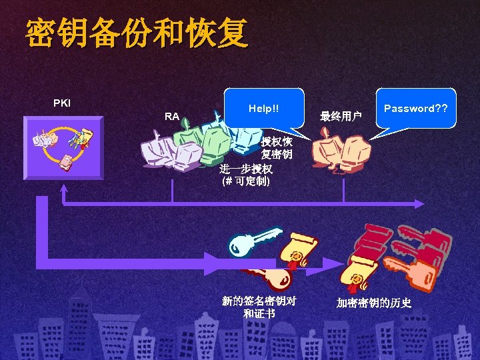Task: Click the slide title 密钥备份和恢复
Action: (x=137, y=33)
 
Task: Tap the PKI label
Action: (x=62, y=103)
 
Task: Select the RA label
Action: (x=171, y=117)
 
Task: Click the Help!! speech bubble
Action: (x=263, y=107)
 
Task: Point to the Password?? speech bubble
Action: (x=415, y=107)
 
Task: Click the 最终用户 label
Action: (x=340, y=117)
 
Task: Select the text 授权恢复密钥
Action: (x=277, y=148)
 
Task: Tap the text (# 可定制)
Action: (x=245, y=181)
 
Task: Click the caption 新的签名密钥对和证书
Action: (x=259, y=307)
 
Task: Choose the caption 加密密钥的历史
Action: (x=373, y=303)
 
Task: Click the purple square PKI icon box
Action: (x=63, y=147)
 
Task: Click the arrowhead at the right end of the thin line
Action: (x=419, y=202)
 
